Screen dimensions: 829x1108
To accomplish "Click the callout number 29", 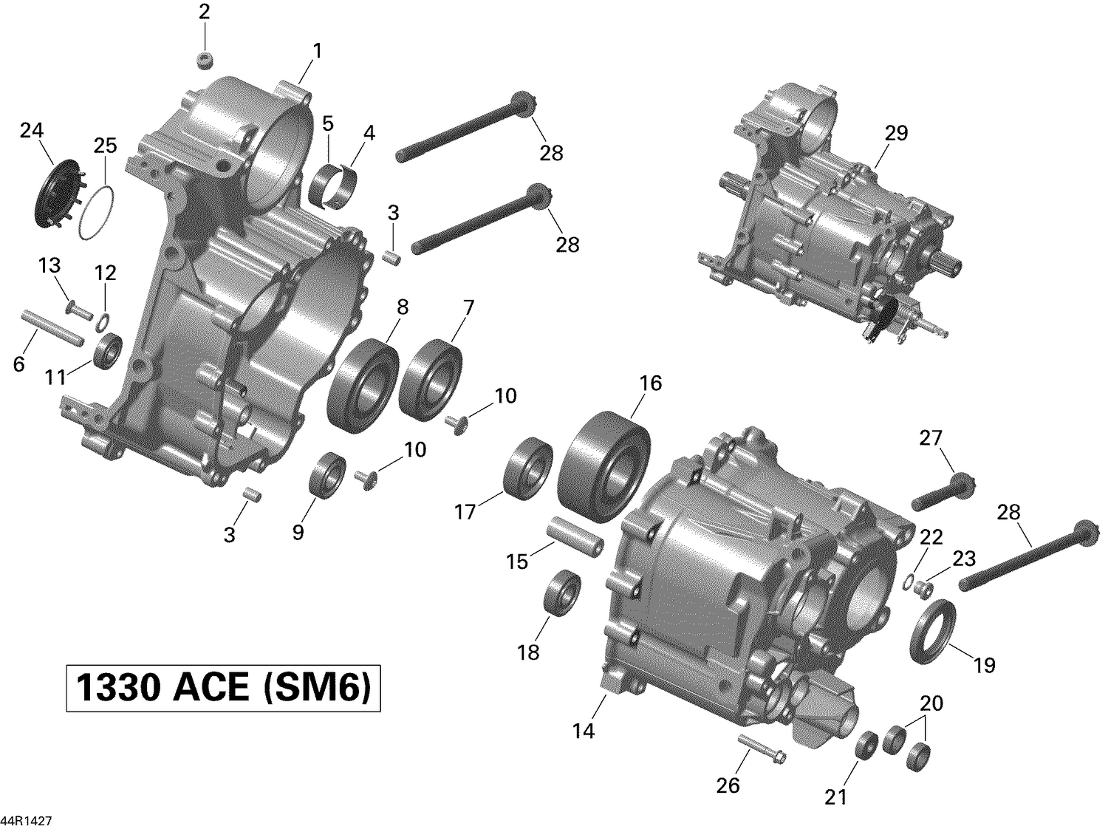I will (x=896, y=134).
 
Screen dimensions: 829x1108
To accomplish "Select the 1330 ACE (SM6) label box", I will (x=223, y=689).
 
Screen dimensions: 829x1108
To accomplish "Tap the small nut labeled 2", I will (x=205, y=60).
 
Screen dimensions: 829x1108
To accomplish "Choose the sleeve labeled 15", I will (x=575, y=542).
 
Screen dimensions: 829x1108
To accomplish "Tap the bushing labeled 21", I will (x=866, y=745).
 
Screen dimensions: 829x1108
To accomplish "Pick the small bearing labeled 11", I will (x=109, y=350).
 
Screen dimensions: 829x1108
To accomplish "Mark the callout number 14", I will (x=583, y=731).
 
